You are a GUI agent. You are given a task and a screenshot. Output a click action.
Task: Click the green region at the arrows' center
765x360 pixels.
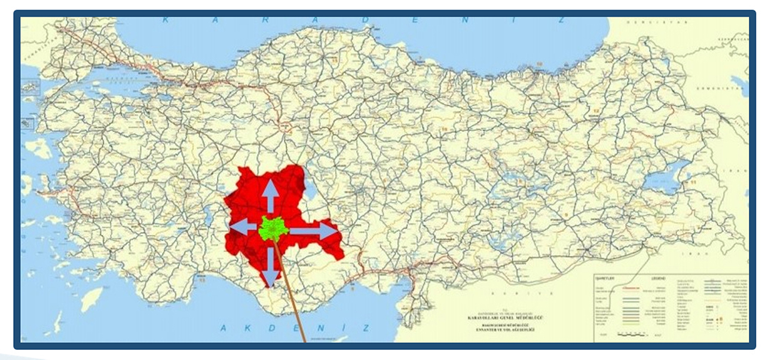click(x=274, y=228)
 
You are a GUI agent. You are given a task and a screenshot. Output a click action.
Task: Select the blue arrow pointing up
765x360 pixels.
click(x=270, y=194)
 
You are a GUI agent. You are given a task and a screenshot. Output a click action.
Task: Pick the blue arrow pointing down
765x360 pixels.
click(x=271, y=266)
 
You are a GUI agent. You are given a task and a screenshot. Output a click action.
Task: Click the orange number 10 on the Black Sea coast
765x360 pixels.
click(x=539, y=64)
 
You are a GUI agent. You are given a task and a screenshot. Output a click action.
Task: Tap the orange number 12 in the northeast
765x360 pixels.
click(x=596, y=112)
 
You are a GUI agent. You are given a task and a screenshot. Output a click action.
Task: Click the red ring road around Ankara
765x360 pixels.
click(x=286, y=126)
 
